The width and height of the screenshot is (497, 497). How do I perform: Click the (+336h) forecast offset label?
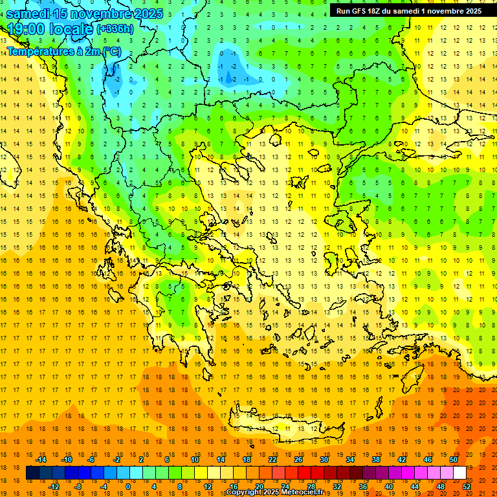pyautogui.click(x=115, y=29)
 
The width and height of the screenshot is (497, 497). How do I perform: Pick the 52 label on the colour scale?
pyautogui.click(x=466, y=487)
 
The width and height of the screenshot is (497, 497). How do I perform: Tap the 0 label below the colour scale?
pyautogui.click(x=128, y=487)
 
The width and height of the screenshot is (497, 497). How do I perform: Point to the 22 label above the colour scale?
pyautogui.click(x=272, y=459)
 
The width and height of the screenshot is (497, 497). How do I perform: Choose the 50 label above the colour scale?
pyautogui.click(x=453, y=459)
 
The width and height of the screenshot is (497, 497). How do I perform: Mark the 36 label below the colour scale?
pyautogui.click(x=362, y=487)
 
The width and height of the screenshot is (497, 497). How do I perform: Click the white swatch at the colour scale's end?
pyautogui.click(x=459, y=473)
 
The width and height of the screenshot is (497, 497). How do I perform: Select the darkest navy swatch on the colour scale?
pyautogui.click(x=33, y=473)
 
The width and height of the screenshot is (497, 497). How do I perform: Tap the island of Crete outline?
pyautogui.click(x=278, y=424)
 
